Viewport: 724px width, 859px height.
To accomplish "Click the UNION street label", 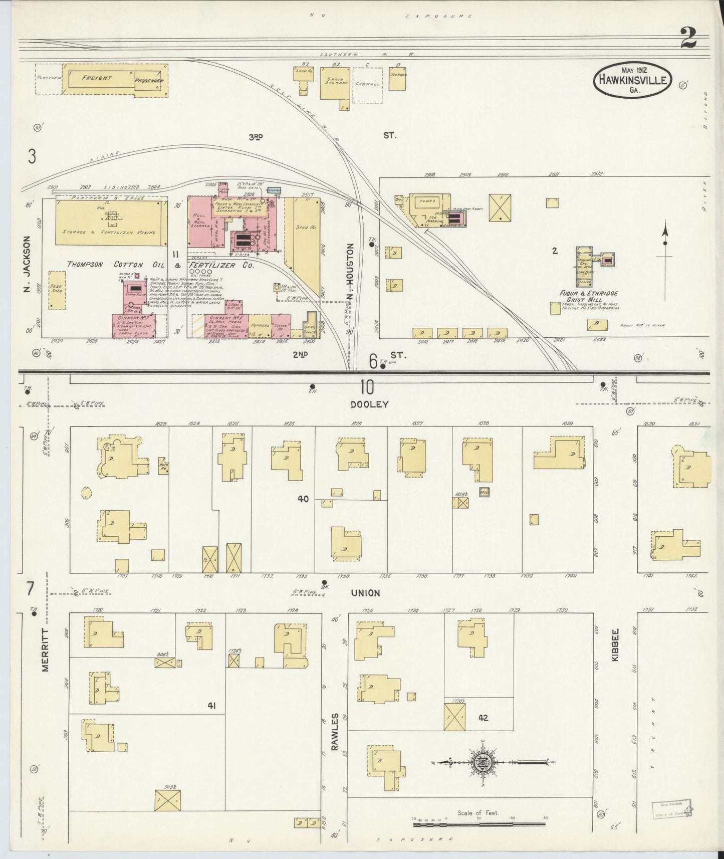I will click(365, 593).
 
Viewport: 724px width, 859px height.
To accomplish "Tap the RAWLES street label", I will click(335, 732).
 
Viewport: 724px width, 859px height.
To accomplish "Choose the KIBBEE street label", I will click(616, 645).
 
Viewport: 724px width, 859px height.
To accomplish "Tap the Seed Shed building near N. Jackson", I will click(57, 290).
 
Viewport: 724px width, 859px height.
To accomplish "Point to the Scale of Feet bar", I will click(480, 823).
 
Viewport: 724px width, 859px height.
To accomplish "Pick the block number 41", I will click(212, 706).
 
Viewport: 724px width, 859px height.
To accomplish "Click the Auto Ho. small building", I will click(164, 466).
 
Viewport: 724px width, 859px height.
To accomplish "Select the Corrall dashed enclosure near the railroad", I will click(367, 85).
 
